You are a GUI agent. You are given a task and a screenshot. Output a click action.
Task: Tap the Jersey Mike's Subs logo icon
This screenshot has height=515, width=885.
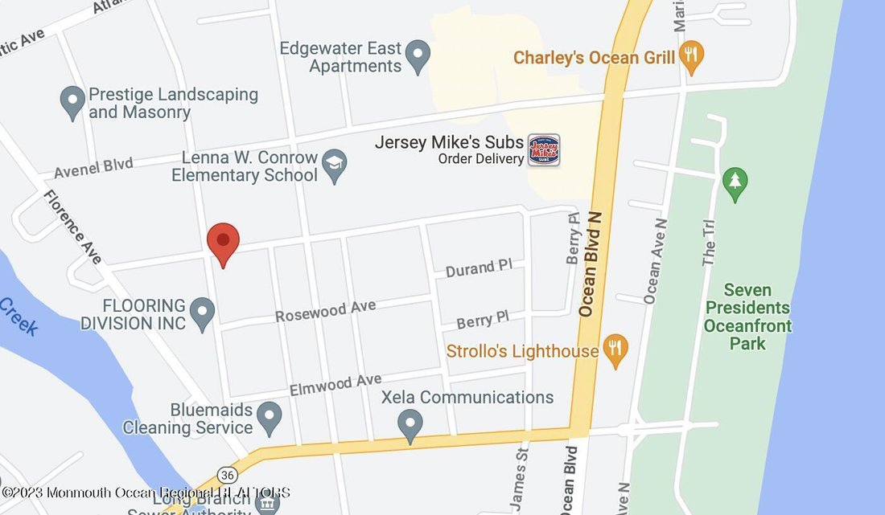coord(544,150)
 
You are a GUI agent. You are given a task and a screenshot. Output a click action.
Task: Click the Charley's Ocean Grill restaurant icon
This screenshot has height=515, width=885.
coord(691,56)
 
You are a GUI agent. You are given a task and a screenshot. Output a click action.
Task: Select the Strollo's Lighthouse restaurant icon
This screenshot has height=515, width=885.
coord(616,350)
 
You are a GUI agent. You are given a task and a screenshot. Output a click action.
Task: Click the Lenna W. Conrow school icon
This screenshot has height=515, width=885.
coord(334,166)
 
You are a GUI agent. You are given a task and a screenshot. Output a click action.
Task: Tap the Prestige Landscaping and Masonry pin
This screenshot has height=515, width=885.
coord(72,102)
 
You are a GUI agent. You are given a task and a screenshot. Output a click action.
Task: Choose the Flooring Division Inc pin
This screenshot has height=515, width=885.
coord(202,313)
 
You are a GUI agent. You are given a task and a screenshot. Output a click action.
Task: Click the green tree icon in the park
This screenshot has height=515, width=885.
coord(735,183)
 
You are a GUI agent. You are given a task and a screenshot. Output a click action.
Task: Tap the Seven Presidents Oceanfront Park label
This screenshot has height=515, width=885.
coord(747,317)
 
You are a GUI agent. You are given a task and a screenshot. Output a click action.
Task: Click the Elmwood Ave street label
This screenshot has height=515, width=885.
coord(335,383)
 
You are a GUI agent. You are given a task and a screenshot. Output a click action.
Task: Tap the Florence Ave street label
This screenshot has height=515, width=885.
coord(73,227)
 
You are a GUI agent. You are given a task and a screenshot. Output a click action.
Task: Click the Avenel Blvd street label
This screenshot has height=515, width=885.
coord(93,169)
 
